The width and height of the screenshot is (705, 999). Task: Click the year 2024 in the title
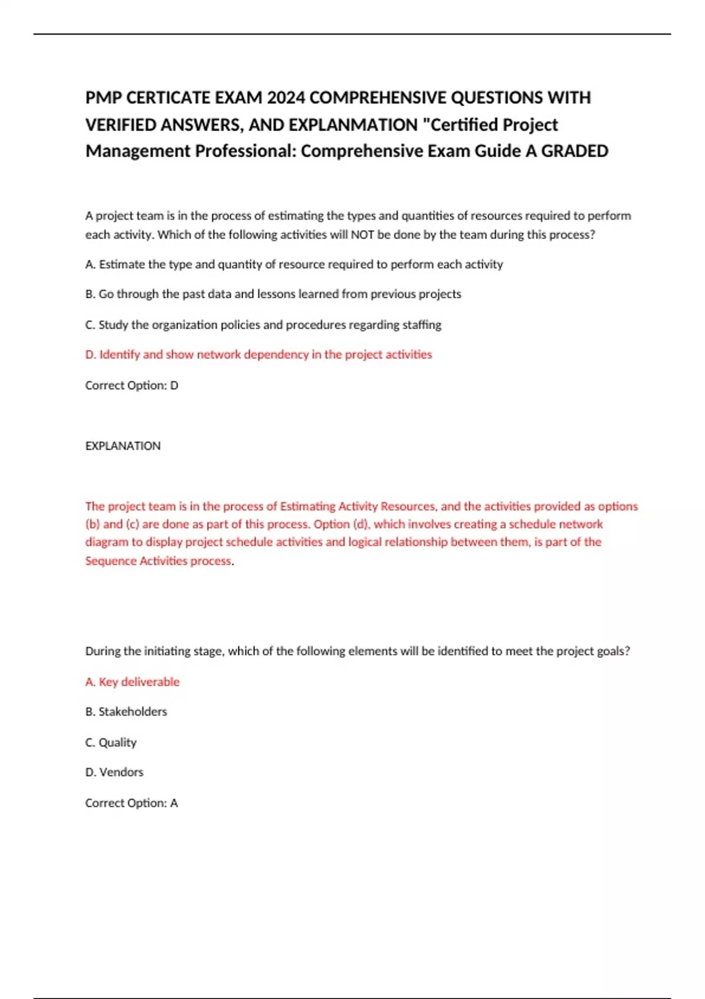[x=286, y=98]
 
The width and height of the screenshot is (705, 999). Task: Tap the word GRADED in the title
[x=575, y=151]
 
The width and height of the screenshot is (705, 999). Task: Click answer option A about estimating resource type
[x=294, y=264]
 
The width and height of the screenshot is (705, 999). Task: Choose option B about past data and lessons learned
[x=273, y=294]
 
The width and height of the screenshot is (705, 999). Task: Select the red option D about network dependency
[x=258, y=354]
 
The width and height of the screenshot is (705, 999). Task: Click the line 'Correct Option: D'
[x=132, y=385]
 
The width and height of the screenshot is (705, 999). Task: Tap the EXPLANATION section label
[x=123, y=446]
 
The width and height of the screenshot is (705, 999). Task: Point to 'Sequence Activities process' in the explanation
[x=158, y=561]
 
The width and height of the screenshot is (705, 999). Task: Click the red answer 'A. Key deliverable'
[x=132, y=682]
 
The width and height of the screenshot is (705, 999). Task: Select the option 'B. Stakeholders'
[x=126, y=712]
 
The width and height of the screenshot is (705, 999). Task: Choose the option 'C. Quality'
[x=110, y=742]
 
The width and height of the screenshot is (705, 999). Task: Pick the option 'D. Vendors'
[x=114, y=772]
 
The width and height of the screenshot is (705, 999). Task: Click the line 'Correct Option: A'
[x=132, y=803]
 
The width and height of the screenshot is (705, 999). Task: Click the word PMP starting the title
[x=103, y=98]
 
